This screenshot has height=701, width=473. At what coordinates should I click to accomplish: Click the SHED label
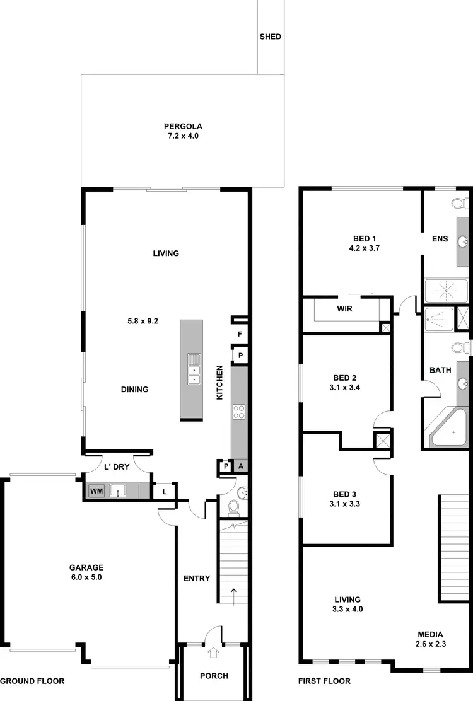(270, 37)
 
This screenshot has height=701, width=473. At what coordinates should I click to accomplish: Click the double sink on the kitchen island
(194, 369)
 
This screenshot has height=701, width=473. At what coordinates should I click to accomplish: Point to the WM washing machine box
(96, 490)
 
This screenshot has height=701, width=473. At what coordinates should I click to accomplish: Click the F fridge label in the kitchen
(240, 334)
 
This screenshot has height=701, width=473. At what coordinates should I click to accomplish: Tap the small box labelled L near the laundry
(165, 491)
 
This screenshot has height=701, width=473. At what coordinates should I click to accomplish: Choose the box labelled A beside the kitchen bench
(240, 466)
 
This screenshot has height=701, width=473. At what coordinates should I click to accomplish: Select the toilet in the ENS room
(460, 203)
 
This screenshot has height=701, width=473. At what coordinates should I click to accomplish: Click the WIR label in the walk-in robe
(344, 309)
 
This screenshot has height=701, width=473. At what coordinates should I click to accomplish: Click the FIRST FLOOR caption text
(324, 681)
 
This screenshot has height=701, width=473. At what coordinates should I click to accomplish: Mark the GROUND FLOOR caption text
(32, 681)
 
